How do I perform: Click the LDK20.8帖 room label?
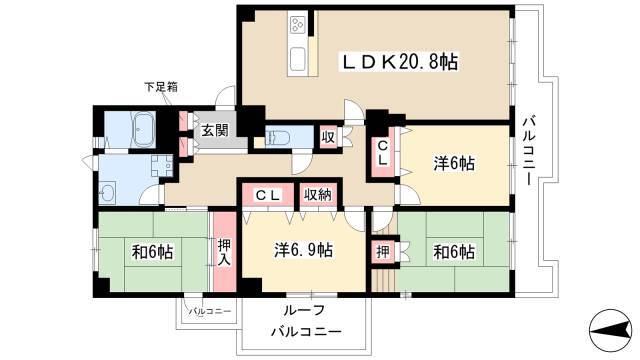click(x=399, y=62)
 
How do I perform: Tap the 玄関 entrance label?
click(x=215, y=131)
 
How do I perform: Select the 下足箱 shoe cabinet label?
click(x=161, y=87)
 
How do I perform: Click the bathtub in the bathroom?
click(x=143, y=129)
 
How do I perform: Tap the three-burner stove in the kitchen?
click(x=297, y=25)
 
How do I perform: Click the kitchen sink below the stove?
click(x=297, y=58)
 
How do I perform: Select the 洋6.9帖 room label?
click(x=303, y=250)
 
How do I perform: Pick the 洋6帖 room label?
click(x=453, y=164)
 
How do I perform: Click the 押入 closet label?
click(x=224, y=252)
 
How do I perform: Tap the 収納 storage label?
click(x=318, y=195)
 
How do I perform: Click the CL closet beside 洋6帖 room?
click(x=382, y=153)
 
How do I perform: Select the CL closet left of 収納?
click(x=267, y=196)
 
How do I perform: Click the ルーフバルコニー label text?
click(x=306, y=321)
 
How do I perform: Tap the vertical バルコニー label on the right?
click(x=529, y=151)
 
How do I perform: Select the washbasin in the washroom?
click(x=108, y=193)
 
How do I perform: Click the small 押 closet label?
click(x=383, y=252)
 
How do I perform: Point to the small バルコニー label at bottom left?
click(x=209, y=311)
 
